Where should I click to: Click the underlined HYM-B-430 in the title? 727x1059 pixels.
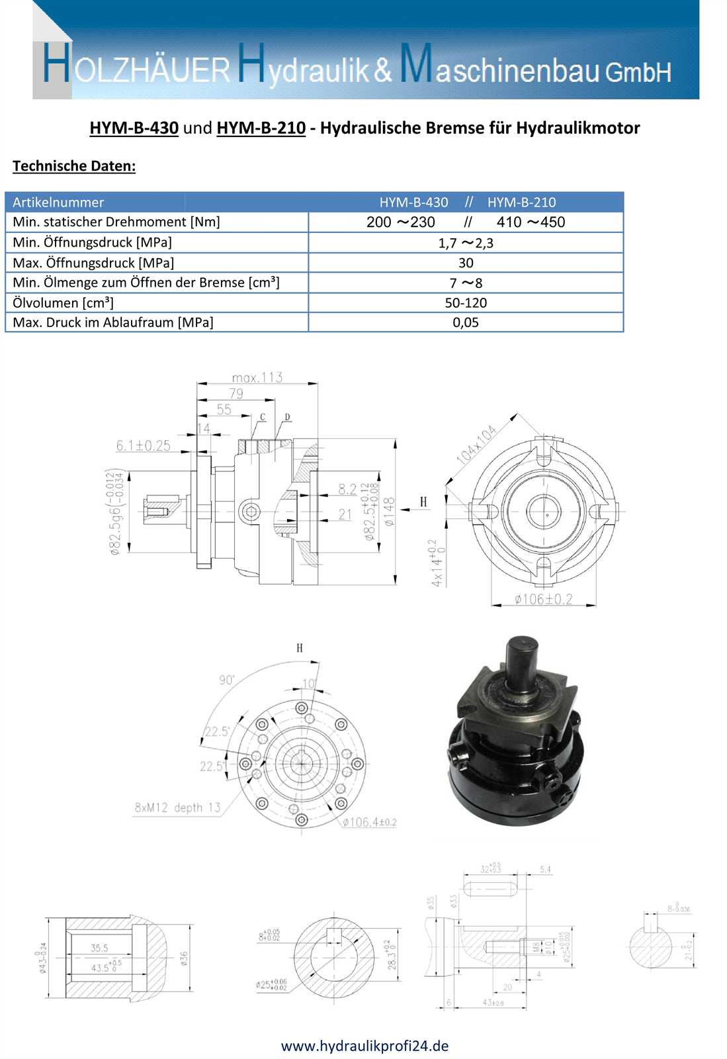click(x=134, y=128)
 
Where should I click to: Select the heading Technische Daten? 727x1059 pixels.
click(x=73, y=166)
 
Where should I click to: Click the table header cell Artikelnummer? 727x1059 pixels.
click(x=58, y=203)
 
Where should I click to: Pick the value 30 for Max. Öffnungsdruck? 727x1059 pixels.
click(x=466, y=263)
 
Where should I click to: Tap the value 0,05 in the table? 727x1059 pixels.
click(x=466, y=322)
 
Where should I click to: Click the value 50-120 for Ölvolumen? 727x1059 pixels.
click(x=466, y=302)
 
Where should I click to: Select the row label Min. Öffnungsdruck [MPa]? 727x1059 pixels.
click(x=92, y=242)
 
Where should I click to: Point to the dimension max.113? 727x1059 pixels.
click(x=257, y=377)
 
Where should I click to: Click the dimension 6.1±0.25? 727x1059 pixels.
click(x=143, y=445)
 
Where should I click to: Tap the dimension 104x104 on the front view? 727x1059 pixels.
click(x=476, y=444)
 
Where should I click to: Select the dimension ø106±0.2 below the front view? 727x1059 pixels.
click(x=543, y=599)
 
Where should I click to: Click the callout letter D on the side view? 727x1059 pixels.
click(x=287, y=417)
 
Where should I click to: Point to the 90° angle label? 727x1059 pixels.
click(x=227, y=680)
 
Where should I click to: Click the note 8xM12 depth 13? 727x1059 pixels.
click(x=177, y=807)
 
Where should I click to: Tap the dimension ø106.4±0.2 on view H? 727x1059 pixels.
click(x=369, y=822)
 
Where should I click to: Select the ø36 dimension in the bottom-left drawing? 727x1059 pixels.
click(x=184, y=958)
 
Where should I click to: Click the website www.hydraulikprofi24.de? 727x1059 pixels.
click(x=364, y=1046)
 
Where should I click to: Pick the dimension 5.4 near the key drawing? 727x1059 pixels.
click(x=545, y=869)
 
